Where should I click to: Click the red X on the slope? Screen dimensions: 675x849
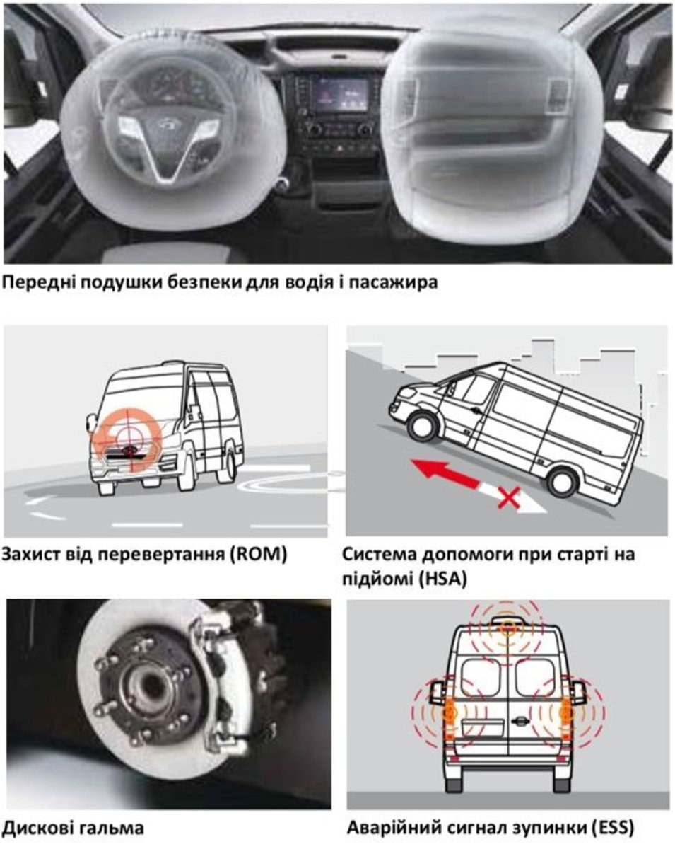(510, 497)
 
